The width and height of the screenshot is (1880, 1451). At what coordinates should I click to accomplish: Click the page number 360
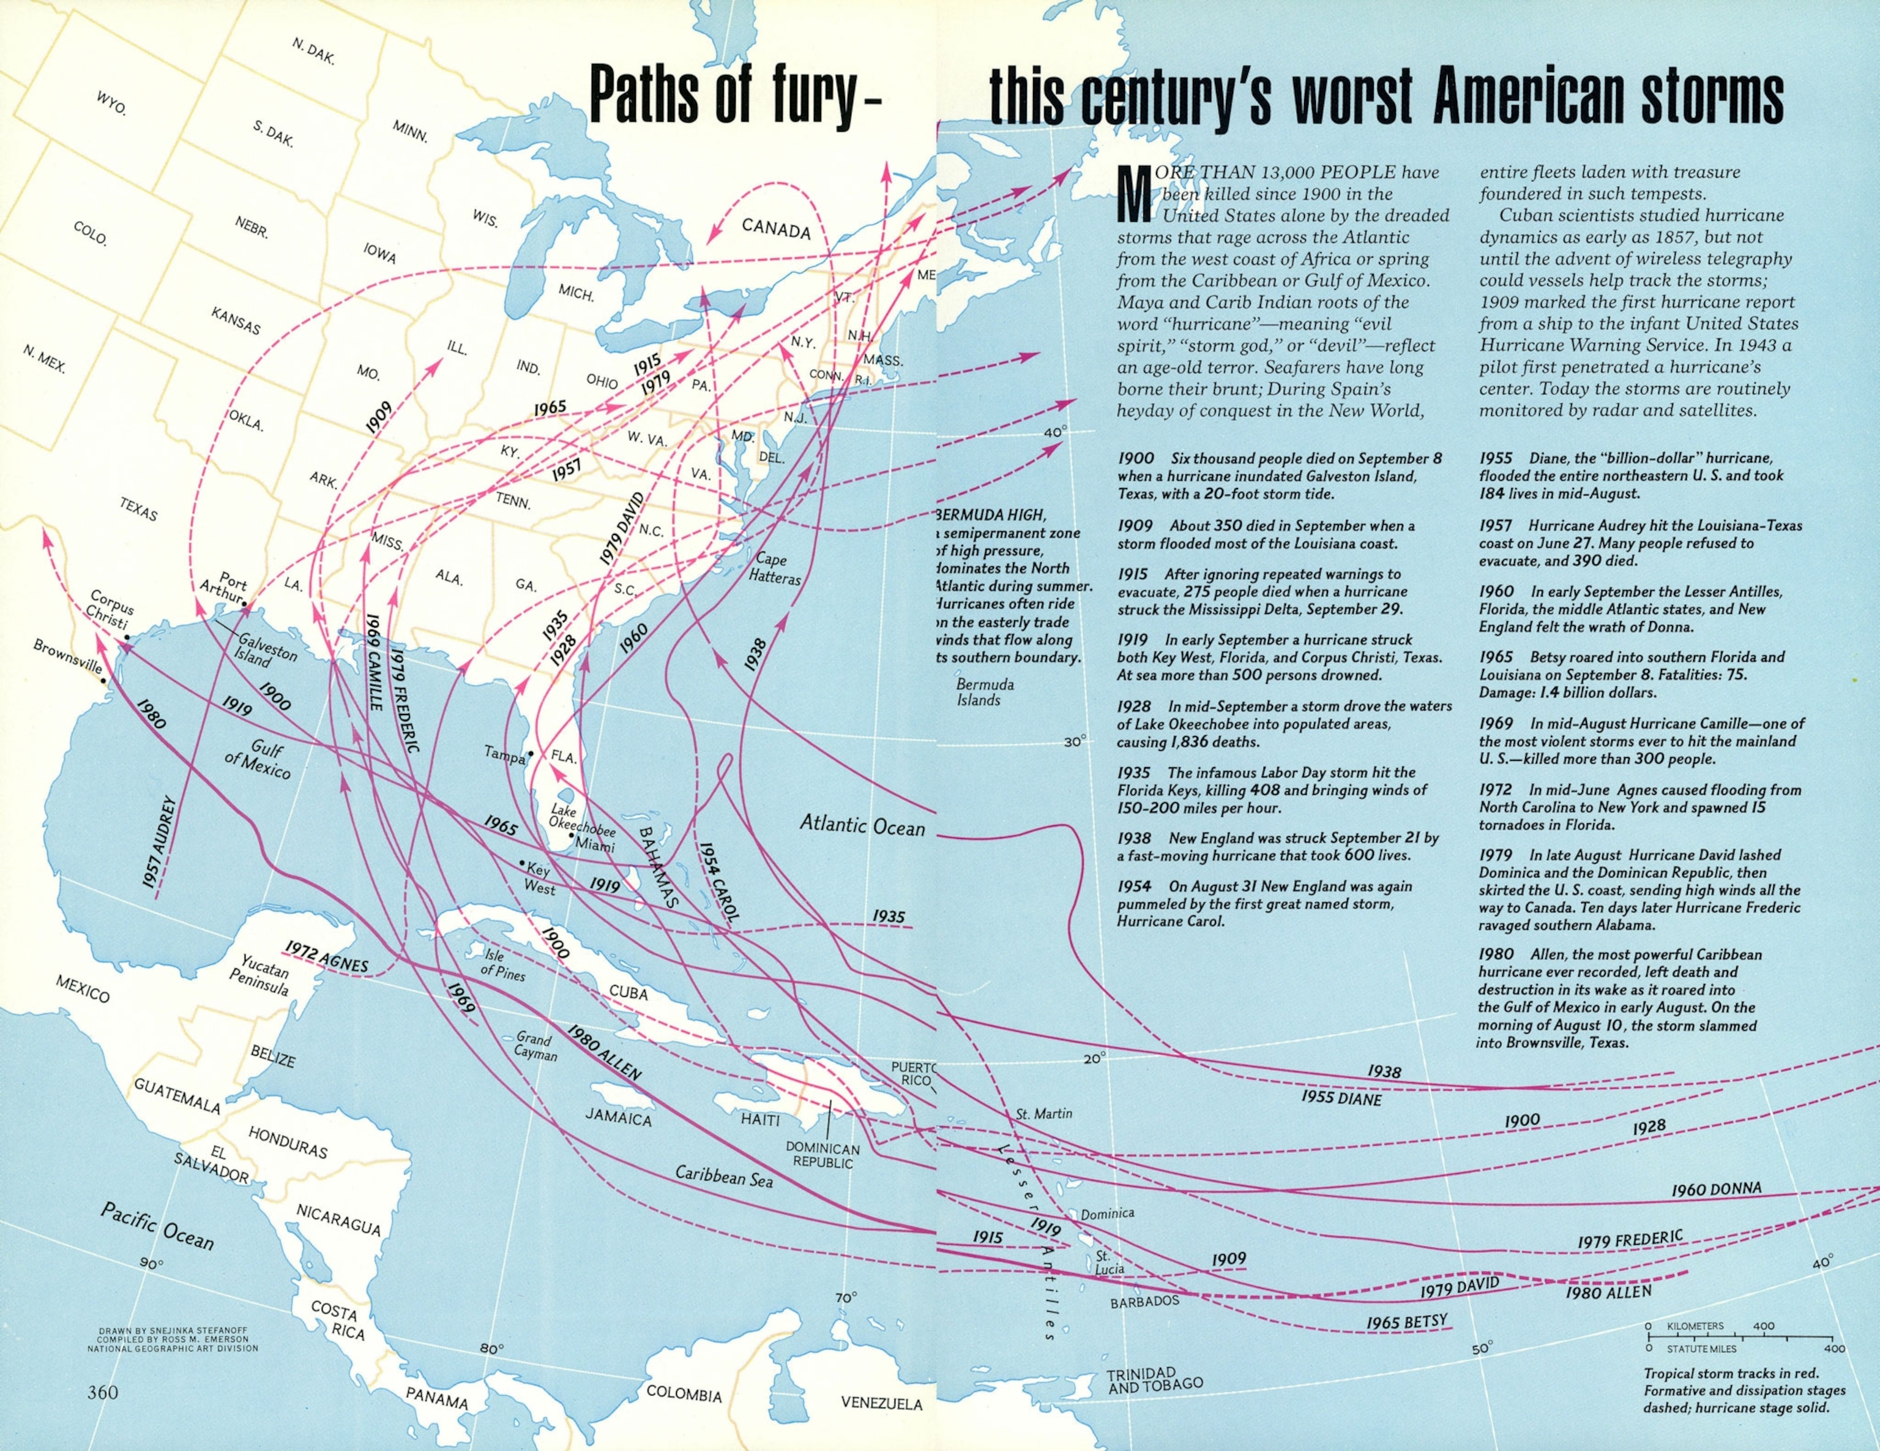102,1392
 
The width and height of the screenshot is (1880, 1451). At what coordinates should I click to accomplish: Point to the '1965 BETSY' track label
1406,1322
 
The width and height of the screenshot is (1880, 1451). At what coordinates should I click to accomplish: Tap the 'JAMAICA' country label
618,1119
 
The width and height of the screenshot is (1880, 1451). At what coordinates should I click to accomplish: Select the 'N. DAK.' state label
313,51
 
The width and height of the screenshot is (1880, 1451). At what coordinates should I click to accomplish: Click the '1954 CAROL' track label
719,882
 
